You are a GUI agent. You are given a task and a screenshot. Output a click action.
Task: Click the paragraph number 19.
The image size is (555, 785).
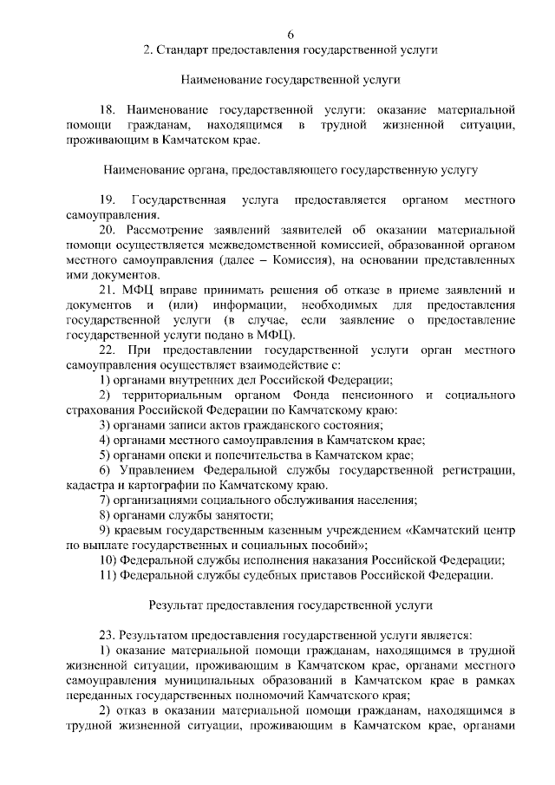(x=108, y=200)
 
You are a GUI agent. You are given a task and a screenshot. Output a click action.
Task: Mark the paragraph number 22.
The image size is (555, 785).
(x=108, y=350)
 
